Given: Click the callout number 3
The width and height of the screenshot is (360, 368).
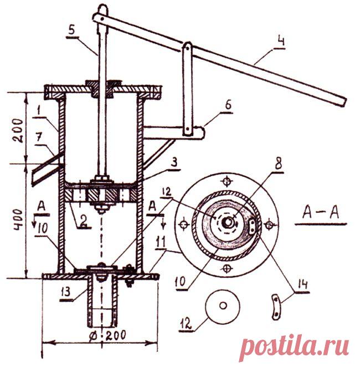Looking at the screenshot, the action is (174, 162).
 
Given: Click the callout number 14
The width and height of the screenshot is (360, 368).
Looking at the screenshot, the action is (302, 284).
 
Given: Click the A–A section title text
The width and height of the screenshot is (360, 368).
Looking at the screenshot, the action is (321, 213).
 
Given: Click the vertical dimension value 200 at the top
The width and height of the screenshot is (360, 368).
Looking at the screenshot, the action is (18, 130).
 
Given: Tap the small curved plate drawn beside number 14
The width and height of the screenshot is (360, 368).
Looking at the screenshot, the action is (276, 306).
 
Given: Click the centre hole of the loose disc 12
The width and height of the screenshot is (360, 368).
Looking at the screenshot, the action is (223, 305).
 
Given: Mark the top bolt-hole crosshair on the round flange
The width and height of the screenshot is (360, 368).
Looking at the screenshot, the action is (227, 181).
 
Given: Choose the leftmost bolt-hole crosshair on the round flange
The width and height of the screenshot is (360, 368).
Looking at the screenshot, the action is (184, 225).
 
